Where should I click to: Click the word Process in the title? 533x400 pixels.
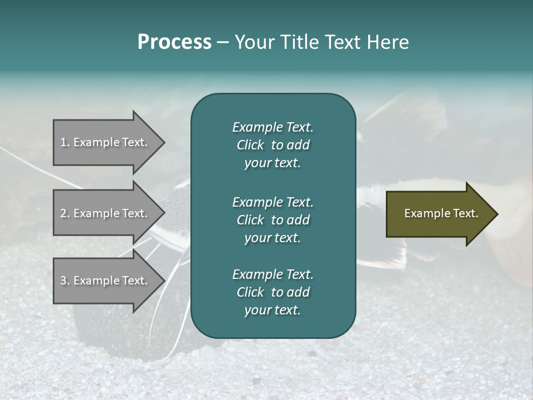(x=174, y=42)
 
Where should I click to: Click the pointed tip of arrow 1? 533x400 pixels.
(x=162, y=142)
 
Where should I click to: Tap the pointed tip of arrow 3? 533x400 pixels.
(x=162, y=281)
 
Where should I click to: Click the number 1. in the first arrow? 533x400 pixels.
(x=64, y=142)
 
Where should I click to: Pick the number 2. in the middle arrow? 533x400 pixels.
(x=64, y=213)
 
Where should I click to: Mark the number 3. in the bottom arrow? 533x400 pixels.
(x=64, y=281)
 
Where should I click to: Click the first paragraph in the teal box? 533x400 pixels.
(x=273, y=145)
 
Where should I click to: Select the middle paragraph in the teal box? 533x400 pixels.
(x=273, y=219)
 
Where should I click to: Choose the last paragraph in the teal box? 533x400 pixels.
(x=273, y=292)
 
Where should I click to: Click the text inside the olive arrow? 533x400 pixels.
(x=441, y=213)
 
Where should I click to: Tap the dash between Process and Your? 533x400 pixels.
(x=223, y=42)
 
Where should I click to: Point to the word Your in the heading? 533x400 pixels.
(x=253, y=42)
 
